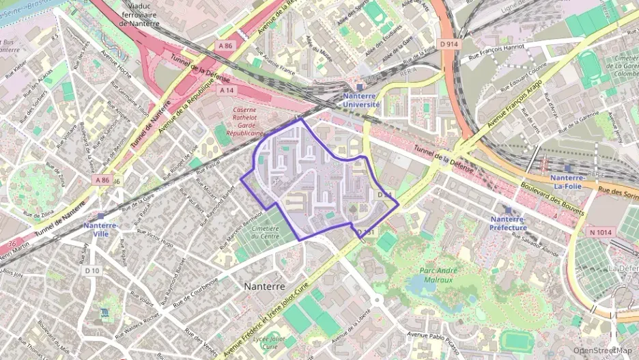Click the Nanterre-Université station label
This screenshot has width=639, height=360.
[x=361, y=100]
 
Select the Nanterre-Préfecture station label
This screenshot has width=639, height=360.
[x=508, y=223]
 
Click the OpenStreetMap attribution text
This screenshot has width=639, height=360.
[x=602, y=351]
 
